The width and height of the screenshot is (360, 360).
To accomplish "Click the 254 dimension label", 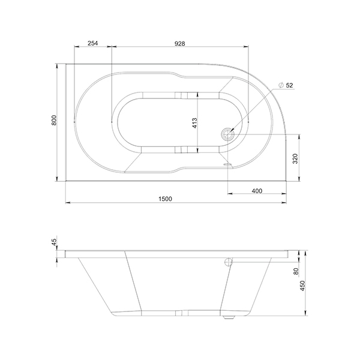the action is (93, 43).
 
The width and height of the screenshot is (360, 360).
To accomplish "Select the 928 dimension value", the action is (180, 43).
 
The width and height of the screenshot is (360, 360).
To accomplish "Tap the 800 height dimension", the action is (54, 120).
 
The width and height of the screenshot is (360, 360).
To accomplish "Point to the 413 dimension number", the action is (194, 123).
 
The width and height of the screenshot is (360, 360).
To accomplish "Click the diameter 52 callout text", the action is (286, 85).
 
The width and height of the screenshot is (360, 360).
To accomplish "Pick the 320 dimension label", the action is (295, 158).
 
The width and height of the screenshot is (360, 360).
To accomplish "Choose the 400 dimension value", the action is (257, 191).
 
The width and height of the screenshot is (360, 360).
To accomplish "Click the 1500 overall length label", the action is (166, 199).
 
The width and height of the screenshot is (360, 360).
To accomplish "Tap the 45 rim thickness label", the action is (54, 242).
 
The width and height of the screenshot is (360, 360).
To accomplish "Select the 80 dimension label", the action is (296, 271).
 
